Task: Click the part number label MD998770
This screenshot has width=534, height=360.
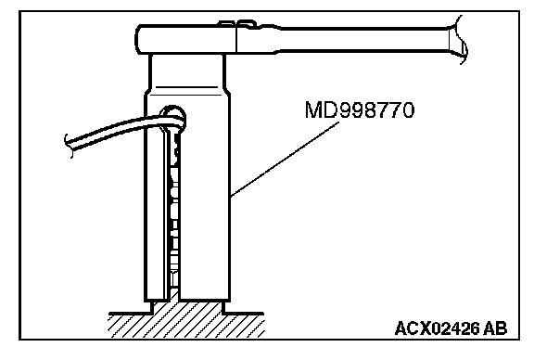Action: pyautogui.click(x=360, y=109)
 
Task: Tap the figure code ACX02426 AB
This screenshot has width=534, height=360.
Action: pyautogui.click(x=451, y=328)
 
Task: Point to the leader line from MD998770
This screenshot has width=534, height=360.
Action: pyautogui.click(x=285, y=160)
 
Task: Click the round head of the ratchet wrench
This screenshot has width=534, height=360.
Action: pyautogui.click(x=186, y=39)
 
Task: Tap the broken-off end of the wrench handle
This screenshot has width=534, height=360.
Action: pyautogui.click(x=458, y=40)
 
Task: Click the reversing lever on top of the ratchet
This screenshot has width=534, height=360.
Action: pyautogui.click(x=237, y=24)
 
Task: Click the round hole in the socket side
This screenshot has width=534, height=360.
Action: pyautogui.click(x=173, y=118)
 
